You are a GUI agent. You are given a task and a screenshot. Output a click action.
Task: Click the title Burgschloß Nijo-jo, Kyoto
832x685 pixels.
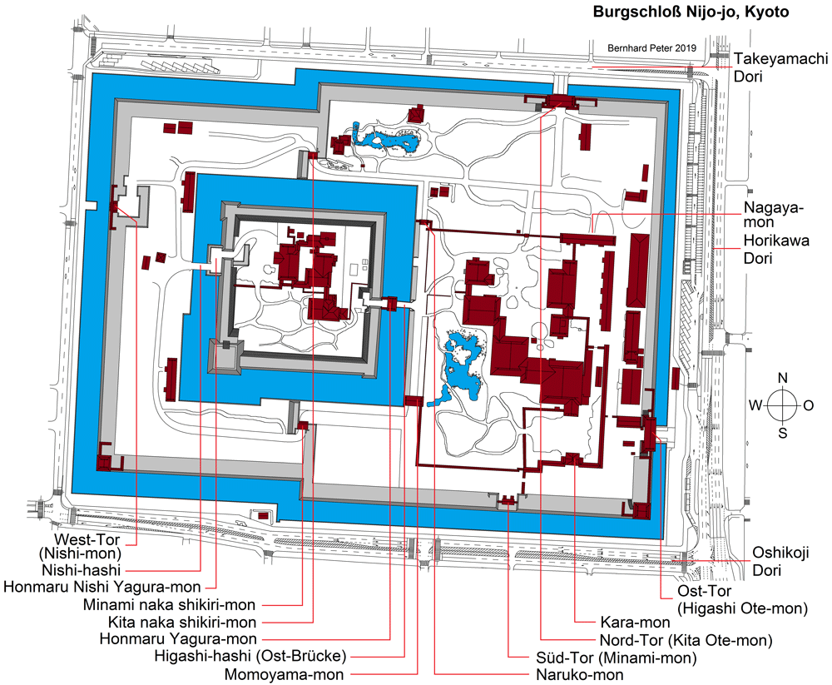point(691,12)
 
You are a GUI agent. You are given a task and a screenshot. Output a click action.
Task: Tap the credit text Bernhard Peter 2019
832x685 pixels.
point(651,47)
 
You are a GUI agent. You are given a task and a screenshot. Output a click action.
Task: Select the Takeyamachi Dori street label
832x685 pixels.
point(780,67)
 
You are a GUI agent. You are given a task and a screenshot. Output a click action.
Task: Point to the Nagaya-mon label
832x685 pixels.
point(773,214)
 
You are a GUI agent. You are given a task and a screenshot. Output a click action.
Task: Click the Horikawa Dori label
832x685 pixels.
point(776,249)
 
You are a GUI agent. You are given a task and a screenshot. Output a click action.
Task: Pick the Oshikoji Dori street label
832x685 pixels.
point(780,561)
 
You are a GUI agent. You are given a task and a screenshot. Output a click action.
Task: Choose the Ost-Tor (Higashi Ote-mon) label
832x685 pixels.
point(742,599)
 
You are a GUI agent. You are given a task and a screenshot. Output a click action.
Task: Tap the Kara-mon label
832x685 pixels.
point(635,622)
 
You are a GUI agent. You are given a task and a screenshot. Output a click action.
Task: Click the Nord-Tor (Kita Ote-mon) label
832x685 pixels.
point(686,640)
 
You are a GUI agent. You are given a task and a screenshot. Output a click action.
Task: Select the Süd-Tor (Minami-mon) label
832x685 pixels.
point(616,658)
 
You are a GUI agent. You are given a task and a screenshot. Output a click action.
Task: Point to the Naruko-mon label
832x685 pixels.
point(579,675)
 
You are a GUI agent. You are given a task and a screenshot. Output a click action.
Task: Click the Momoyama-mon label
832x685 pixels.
point(284,675)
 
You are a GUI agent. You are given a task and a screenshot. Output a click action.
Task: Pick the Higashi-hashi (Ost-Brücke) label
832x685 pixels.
point(250,657)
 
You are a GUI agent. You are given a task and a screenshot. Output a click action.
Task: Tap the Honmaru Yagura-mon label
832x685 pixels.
point(178,639)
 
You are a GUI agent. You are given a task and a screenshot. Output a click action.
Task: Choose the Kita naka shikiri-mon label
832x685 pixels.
point(182,622)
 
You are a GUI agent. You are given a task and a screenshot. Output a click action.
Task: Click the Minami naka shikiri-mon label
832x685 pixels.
point(169,605)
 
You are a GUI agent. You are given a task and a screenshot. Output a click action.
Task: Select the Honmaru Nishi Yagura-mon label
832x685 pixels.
point(102,588)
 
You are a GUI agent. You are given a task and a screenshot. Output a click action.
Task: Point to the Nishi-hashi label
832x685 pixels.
point(82,570)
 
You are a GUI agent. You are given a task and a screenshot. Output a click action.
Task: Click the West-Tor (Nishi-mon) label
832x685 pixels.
point(81,546)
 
